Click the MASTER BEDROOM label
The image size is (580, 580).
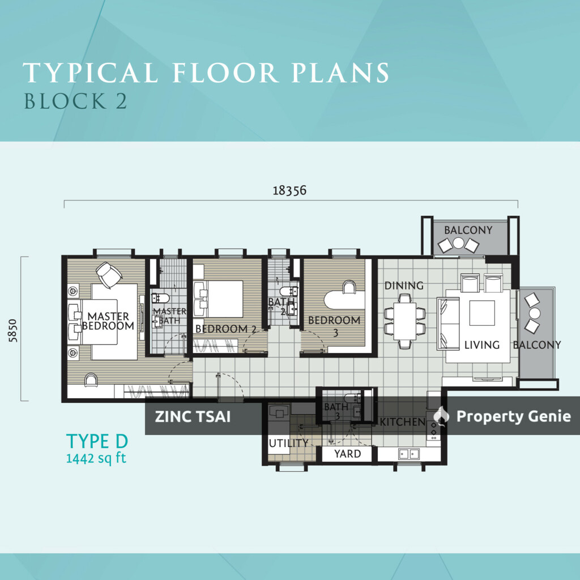(x=108, y=321)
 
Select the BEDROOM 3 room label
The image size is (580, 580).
(x=334, y=325)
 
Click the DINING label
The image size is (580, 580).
(x=404, y=285)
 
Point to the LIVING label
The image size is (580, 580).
(x=481, y=344)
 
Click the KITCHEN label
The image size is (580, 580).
(x=402, y=422)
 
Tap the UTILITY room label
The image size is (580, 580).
(x=288, y=443)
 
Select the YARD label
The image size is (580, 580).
(x=347, y=454)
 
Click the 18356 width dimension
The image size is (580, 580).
(x=289, y=190)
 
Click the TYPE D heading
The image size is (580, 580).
(x=97, y=441)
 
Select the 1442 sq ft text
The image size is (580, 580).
(x=96, y=458)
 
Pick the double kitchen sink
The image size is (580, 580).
(x=408, y=453)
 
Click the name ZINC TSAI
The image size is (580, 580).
(x=193, y=417)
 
